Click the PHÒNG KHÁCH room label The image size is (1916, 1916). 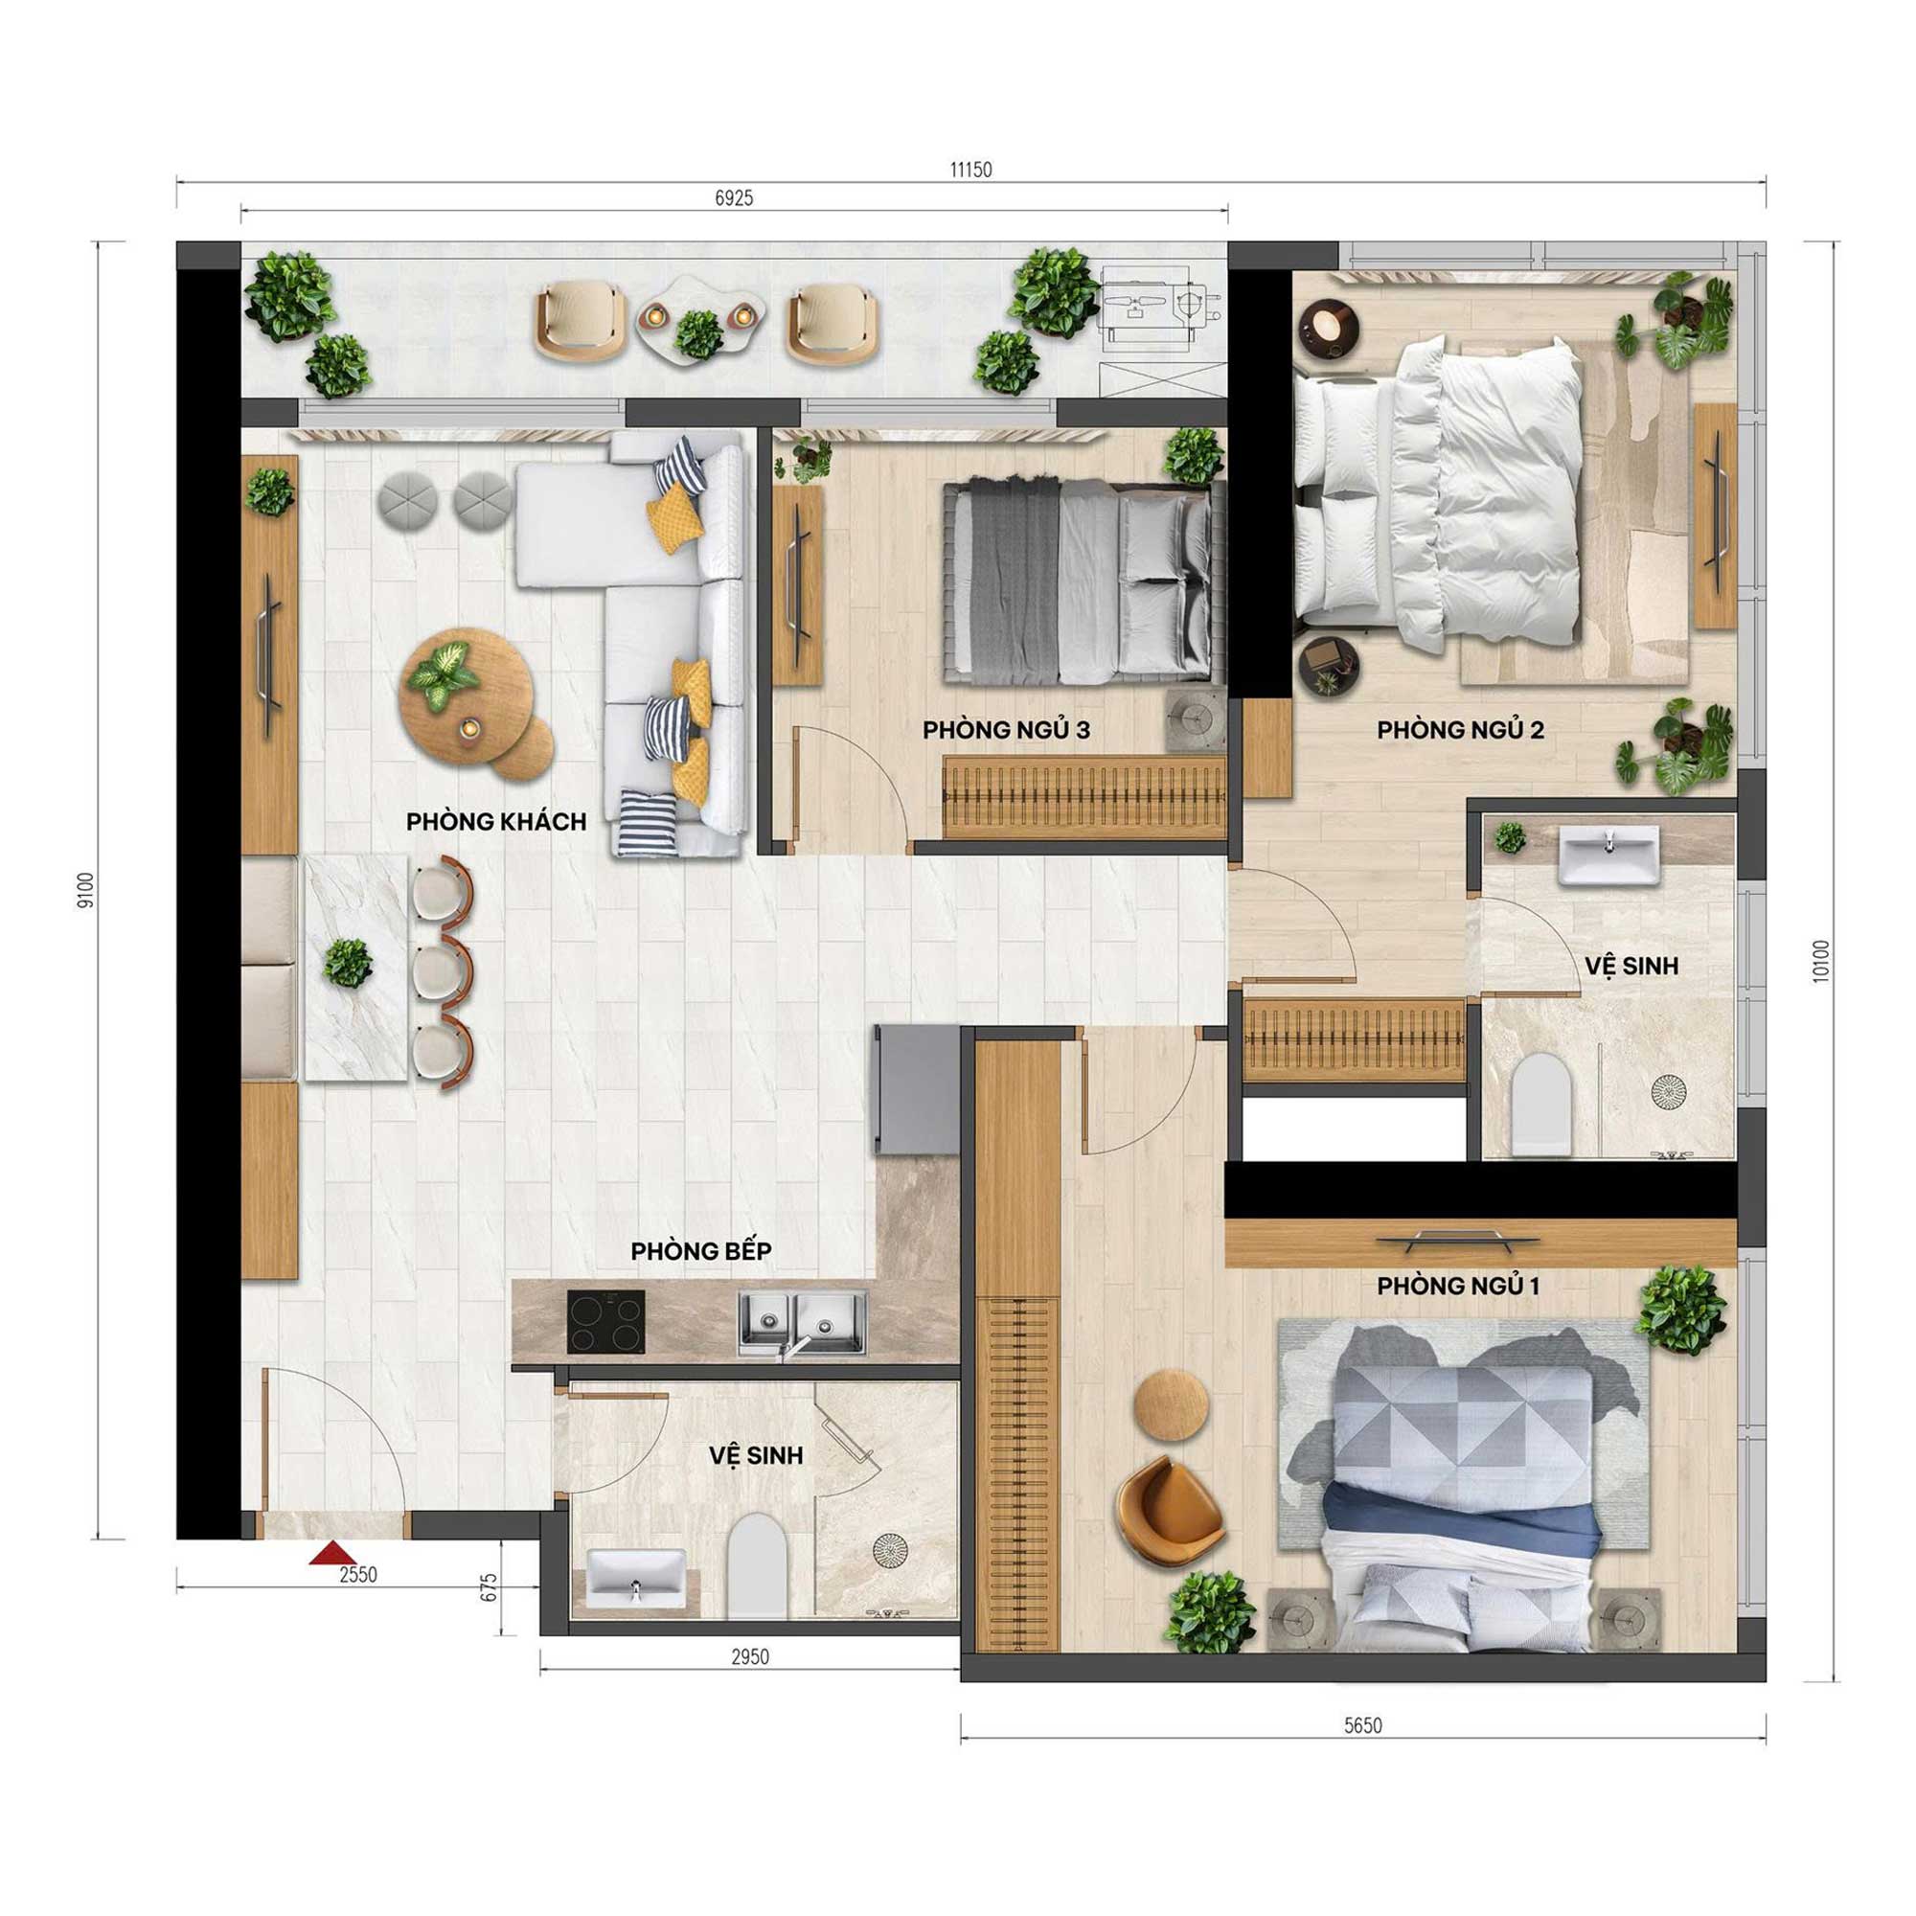[x=496, y=821]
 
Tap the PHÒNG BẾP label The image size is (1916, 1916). [x=700, y=1250]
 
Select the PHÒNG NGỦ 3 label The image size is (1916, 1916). [x=1006, y=730]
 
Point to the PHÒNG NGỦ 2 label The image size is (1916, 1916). [x=1460, y=730]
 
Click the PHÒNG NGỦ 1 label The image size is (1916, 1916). [x=1458, y=1287]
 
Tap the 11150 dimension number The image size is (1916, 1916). [x=970, y=170]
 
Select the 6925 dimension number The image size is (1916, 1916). [x=734, y=198]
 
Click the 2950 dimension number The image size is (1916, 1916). [x=750, y=1656]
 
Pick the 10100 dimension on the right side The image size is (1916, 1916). [x=1820, y=961]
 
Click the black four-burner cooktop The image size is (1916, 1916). [x=606, y=1322]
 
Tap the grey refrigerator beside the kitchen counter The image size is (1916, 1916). [x=915, y=1089]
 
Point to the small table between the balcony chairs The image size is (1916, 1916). [x=699, y=318]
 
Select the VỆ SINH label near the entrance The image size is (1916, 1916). [x=756, y=1456]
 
